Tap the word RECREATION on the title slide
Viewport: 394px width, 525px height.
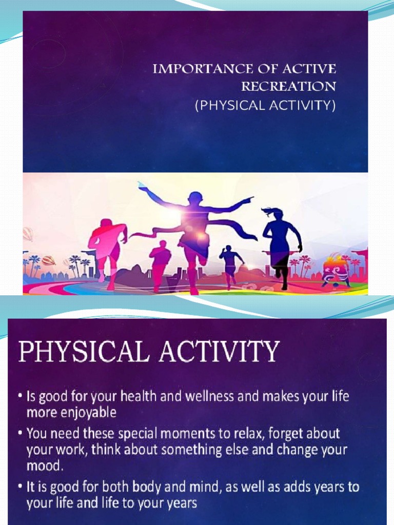(x=289, y=87)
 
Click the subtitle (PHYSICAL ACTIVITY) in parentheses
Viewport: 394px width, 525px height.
(x=265, y=106)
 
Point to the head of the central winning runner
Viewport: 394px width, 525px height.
(x=195, y=198)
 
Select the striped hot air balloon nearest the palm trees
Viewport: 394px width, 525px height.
(x=48, y=260)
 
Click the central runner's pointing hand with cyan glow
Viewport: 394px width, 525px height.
(x=142, y=186)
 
